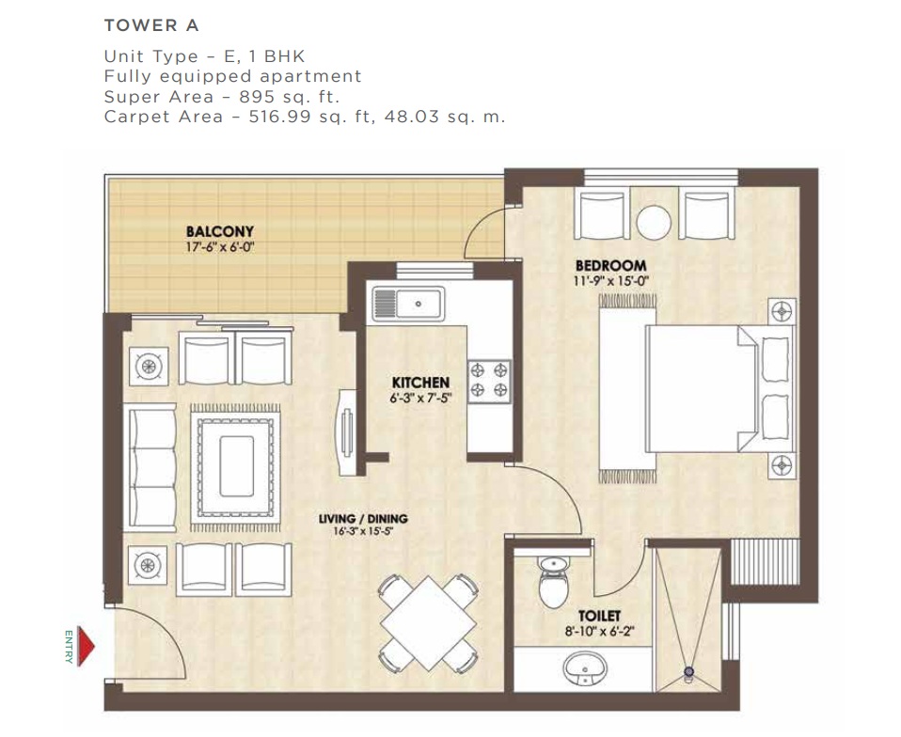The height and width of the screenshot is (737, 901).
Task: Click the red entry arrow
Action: (86, 646)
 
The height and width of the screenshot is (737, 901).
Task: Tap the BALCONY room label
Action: (219, 231)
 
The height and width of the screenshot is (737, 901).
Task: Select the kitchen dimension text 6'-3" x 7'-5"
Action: (420, 398)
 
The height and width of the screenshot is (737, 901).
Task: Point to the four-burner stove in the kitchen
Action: (489, 381)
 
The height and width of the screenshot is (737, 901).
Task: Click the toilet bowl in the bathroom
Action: (554, 581)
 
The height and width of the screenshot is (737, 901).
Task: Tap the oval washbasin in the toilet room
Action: (584, 668)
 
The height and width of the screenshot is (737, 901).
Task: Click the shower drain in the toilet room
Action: (688, 671)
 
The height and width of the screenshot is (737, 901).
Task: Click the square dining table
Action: (428, 622)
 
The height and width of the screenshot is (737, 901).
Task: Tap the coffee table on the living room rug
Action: (236, 466)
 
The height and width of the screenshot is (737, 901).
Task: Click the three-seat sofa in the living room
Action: (150, 467)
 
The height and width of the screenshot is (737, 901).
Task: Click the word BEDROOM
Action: (610, 266)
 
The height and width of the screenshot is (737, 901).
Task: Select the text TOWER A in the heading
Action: (151, 25)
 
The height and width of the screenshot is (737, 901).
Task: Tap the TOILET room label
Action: (599, 617)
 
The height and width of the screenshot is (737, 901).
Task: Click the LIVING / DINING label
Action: (363, 519)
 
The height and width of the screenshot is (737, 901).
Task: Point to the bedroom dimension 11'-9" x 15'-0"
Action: (610, 281)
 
